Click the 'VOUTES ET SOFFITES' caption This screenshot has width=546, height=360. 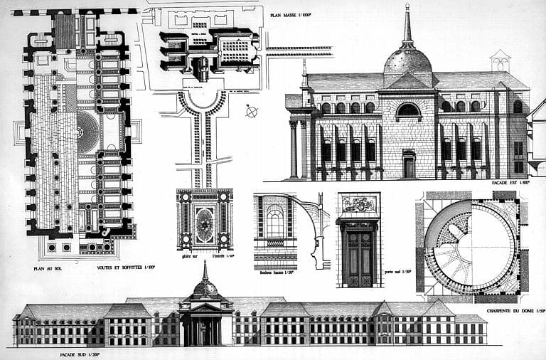[x=126, y=268]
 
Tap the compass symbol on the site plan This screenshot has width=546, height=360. [x=252, y=111]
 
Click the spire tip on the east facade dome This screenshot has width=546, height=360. [x=408, y=7]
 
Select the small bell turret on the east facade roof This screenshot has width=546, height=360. [x=500, y=60]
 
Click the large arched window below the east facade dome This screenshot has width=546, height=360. [x=407, y=110]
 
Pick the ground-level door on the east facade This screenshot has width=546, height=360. [x=408, y=165]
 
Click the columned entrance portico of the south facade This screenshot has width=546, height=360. [x=205, y=327]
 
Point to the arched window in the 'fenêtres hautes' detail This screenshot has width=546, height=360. [x=274, y=223]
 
